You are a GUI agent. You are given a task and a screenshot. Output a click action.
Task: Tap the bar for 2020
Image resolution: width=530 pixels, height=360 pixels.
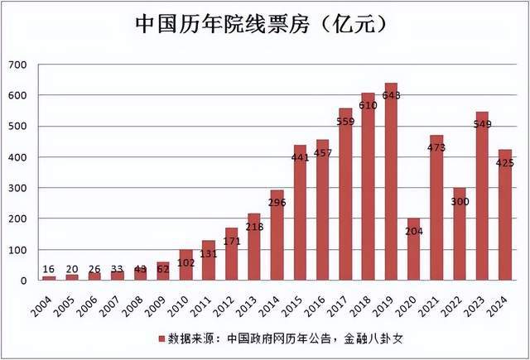coord(414,249)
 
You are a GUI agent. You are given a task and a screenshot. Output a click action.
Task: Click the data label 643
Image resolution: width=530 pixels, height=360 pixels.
coord(391,95)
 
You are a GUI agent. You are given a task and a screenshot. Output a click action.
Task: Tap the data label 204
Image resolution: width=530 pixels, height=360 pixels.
coord(414,231)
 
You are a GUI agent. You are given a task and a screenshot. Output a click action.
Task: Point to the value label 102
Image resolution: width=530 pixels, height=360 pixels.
coord(186,262)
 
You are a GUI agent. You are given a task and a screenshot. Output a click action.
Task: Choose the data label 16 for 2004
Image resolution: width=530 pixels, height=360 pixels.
coord(50,269)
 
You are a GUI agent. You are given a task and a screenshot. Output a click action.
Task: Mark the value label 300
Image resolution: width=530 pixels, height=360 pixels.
coord(460,202)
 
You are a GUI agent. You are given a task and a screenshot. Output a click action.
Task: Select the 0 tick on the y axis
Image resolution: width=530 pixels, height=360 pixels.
coord(24,281)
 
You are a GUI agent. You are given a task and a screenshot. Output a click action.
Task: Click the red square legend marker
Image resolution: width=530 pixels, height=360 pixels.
coord(161,338)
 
